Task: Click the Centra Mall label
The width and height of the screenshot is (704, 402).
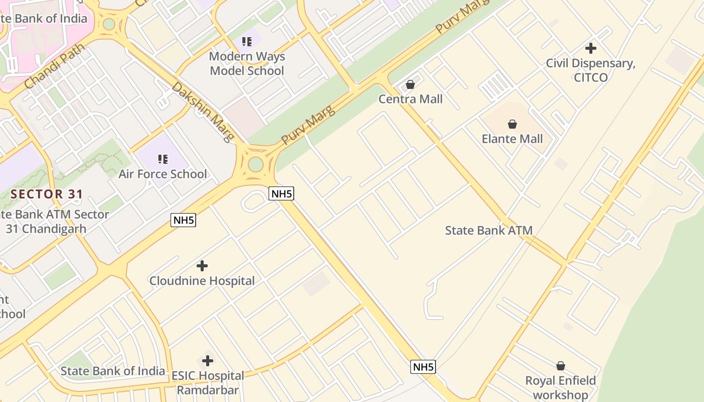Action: (410, 99)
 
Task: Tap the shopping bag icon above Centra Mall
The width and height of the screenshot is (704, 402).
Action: (410, 84)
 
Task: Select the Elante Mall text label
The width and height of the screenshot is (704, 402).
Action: (512, 139)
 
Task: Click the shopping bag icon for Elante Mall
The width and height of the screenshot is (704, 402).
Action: (512, 124)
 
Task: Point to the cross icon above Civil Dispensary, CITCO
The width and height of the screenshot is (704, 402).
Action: (591, 48)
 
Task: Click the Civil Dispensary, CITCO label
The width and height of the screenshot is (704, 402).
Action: (591, 70)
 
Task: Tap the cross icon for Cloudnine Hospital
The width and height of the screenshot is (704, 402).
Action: (202, 266)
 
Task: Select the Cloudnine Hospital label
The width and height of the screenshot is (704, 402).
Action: (202, 281)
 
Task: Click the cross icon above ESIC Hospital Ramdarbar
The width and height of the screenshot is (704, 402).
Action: (208, 361)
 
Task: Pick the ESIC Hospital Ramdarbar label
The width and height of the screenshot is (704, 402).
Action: (208, 383)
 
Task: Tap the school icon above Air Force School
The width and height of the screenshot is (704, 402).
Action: (162, 159)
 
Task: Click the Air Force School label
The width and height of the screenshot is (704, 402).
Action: (162, 174)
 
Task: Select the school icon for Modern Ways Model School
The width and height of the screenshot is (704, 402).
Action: (246, 42)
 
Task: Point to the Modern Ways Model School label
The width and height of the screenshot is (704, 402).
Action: (247, 64)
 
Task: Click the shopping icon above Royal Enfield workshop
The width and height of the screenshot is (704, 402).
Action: (561, 366)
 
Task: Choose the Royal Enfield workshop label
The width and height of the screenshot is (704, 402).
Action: (561, 388)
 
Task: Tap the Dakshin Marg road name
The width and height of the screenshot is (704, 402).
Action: (203, 112)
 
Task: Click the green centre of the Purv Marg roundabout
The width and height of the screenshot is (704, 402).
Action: (256, 164)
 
